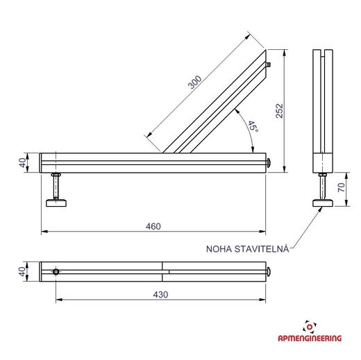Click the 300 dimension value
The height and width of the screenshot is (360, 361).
[194, 83]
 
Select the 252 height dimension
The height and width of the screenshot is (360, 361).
[280, 111]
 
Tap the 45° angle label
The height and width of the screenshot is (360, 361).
[253, 126]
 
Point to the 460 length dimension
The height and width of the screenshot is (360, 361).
[153, 226]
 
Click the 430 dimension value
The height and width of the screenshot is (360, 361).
[160, 295]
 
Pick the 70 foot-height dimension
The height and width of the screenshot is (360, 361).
[342, 187]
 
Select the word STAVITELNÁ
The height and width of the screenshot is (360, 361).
[262, 248]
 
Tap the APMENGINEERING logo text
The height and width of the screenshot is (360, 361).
[310, 338]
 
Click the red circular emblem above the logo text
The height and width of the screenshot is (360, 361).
[310, 327]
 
